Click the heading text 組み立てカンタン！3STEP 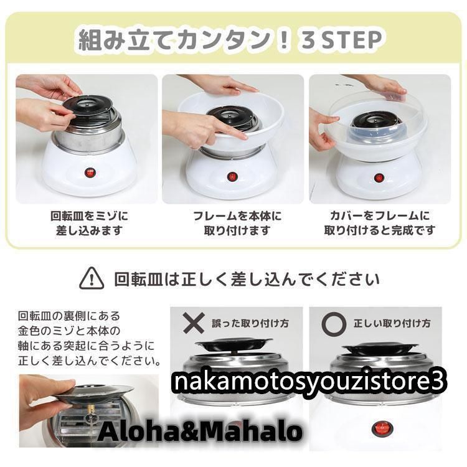click(x=229, y=40)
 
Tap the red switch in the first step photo click(x=89, y=169)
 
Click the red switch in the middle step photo click(x=232, y=176)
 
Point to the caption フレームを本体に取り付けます click(x=233, y=224)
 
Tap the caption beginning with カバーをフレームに click(x=380, y=224)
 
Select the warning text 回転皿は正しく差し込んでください click(x=247, y=278)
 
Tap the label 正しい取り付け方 click(x=392, y=324)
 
